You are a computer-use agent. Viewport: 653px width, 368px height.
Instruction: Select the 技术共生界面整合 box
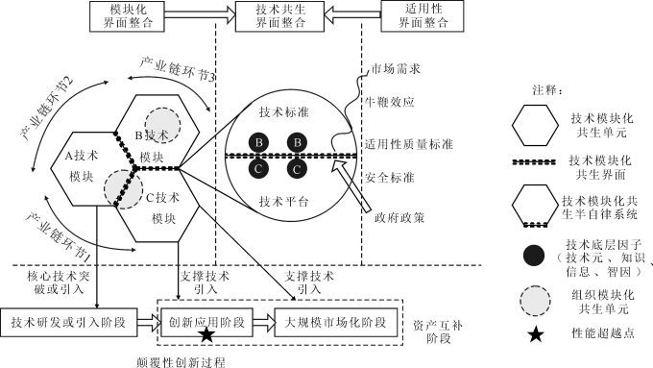tap(278, 15)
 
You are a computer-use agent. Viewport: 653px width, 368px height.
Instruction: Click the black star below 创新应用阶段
tap(206, 334)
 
